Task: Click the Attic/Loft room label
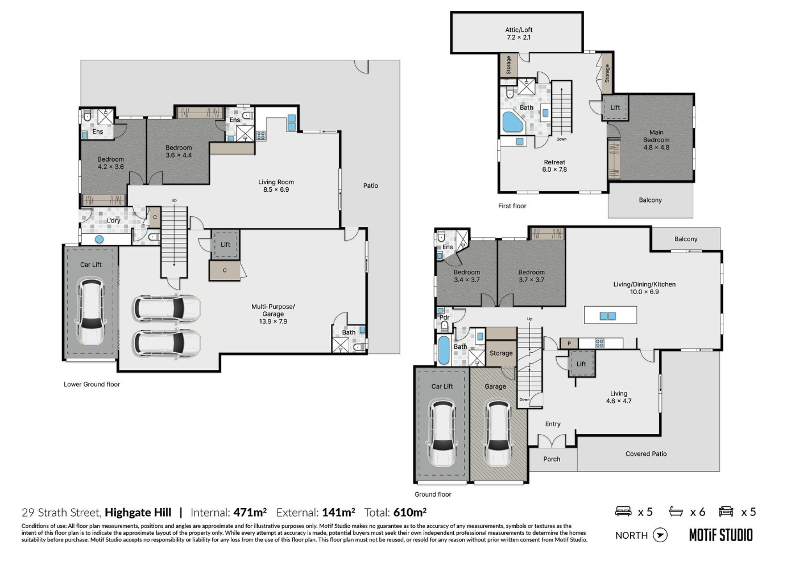tap(518, 34)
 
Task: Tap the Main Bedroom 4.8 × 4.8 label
tap(656, 140)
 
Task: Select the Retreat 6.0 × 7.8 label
tap(554, 166)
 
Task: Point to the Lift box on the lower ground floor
tap(225, 245)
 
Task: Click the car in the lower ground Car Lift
tap(91, 311)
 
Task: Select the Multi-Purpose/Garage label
tap(273, 314)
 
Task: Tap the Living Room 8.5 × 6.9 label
tap(276, 186)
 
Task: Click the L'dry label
tap(114, 221)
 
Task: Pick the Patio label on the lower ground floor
tap(370, 186)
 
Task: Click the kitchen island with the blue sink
tap(610, 315)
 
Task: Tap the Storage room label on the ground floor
tap(501, 353)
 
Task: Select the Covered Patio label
tap(645, 454)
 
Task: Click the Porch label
tap(551, 459)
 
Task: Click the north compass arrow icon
tap(660, 535)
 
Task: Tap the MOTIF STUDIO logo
tap(721, 535)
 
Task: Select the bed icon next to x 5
tap(623, 512)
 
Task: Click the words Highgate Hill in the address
tap(138, 513)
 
